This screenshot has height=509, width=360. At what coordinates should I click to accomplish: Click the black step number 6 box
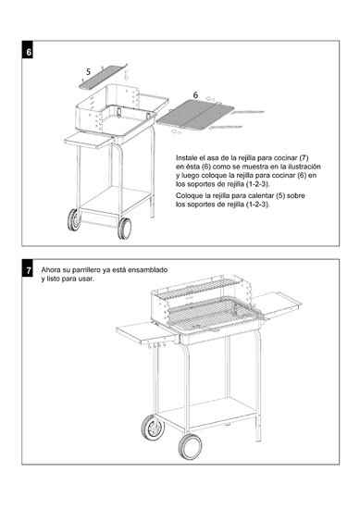click(x=28, y=52)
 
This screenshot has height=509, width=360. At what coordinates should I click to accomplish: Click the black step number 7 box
click(x=28, y=270)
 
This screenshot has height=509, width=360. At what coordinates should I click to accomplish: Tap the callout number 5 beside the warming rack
click(x=88, y=72)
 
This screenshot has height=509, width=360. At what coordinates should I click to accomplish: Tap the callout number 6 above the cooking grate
click(x=195, y=95)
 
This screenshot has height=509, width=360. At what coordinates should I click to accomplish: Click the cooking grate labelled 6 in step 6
click(x=195, y=116)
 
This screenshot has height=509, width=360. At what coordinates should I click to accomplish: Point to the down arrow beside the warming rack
click(x=126, y=75)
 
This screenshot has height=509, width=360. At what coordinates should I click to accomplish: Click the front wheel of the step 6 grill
click(x=125, y=229)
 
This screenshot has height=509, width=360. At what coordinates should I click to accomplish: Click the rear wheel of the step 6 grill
click(x=74, y=219)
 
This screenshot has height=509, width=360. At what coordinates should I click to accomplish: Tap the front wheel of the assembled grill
click(x=190, y=447)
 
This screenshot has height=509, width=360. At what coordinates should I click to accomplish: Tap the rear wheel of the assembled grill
click(x=153, y=428)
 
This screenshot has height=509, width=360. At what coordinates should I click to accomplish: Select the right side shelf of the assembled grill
click(x=277, y=304)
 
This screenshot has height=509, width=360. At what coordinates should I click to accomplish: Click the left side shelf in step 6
click(x=89, y=141)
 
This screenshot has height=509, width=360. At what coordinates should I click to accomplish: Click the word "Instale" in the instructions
click(x=186, y=158)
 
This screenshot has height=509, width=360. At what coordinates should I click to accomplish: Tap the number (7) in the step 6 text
click(x=304, y=158)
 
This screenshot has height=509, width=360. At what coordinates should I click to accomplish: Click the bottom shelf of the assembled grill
click(x=207, y=411)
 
